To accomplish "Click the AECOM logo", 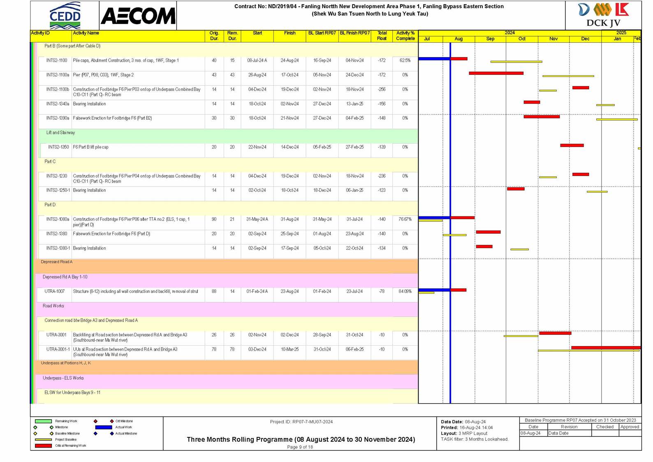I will [138, 16].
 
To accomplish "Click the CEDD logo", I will [65, 16].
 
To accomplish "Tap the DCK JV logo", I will [603, 15].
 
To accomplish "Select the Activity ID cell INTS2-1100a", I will [58, 75].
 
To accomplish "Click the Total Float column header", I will [382, 36].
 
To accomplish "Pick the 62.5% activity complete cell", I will [405, 60].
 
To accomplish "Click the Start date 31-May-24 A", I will [257, 220].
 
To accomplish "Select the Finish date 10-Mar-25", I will [289, 350].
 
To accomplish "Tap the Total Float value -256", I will [382, 90].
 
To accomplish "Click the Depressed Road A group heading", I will [57, 262].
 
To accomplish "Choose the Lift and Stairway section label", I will [60, 133].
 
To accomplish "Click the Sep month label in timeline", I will [490, 39].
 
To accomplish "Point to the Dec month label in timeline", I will [585, 39].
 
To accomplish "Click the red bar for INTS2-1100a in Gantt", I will [496, 73].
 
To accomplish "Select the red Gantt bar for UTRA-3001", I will [555, 333].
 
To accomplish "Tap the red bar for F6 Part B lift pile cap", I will [572, 145].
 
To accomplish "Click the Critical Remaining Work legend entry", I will [70, 446].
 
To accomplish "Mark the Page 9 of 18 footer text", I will [300, 447].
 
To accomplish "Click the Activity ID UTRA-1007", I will [55, 292].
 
